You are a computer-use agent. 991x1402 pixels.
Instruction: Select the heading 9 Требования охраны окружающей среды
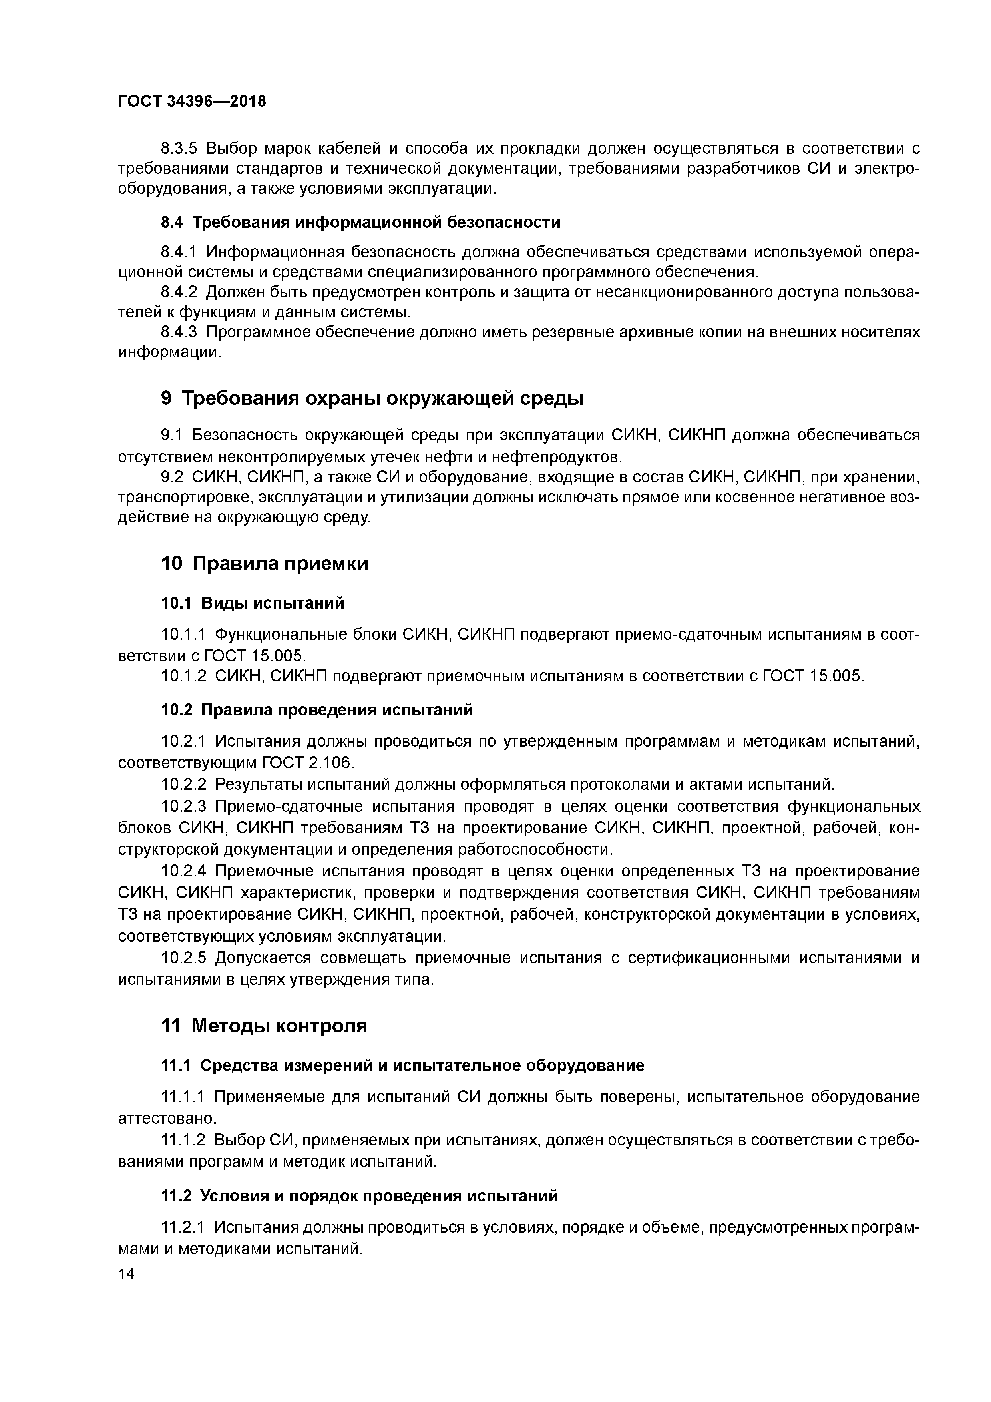coord(372,399)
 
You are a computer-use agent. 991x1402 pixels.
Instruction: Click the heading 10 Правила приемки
coord(265,563)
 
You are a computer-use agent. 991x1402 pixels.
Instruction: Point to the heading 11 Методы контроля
coord(264,1025)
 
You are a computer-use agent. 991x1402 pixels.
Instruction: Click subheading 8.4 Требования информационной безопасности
coord(360,222)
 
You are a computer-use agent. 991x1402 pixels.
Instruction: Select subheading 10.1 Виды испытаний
coord(252,603)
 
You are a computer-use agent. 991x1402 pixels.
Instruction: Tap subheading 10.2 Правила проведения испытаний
coord(316,709)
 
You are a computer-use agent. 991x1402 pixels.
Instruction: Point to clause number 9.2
coord(171,476)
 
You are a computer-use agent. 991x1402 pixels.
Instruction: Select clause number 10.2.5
coord(184,958)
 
